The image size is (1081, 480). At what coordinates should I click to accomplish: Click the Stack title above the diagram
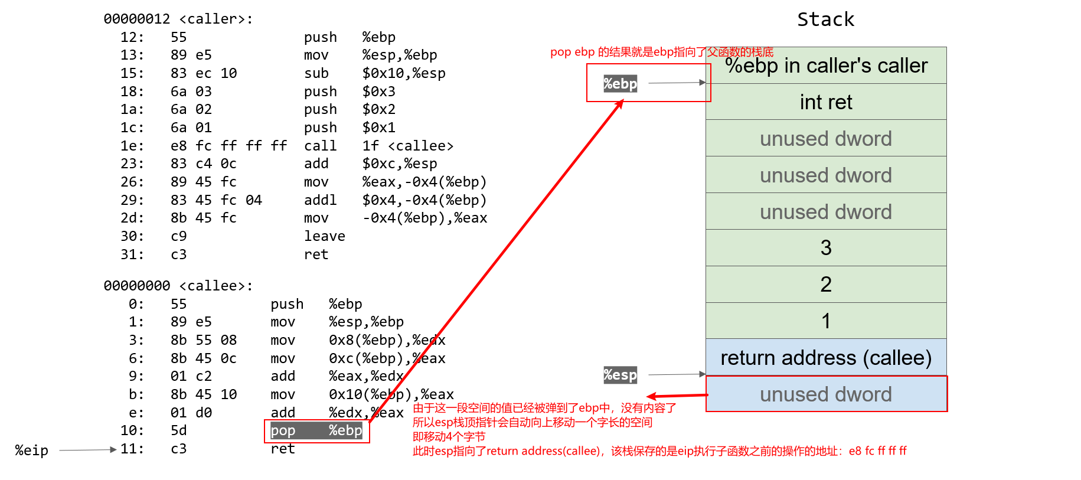(x=825, y=19)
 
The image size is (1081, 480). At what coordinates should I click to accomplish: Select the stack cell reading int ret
(x=826, y=102)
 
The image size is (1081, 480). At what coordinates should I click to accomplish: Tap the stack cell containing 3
(x=826, y=248)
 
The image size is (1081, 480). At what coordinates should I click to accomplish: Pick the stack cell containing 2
(x=826, y=285)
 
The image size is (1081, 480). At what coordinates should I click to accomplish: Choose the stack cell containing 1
(x=826, y=321)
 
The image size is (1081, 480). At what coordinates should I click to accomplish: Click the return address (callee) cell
(x=826, y=358)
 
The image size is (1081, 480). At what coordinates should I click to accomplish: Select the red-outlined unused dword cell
(x=826, y=394)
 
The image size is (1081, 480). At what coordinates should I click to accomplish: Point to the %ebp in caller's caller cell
(x=826, y=66)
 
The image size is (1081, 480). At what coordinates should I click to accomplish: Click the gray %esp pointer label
(x=620, y=375)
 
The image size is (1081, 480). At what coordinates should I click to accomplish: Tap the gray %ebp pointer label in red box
(x=620, y=84)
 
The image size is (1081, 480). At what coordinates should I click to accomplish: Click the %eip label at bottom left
(x=32, y=450)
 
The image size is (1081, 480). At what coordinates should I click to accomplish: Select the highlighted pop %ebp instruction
(x=316, y=430)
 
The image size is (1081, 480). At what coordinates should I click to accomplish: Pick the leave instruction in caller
(x=324, y=236)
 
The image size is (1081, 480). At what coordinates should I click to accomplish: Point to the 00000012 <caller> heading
(x=178, y=19)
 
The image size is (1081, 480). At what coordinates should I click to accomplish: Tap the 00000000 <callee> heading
(x=178, y=286)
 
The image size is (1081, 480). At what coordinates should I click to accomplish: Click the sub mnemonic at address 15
(x=316, y=73)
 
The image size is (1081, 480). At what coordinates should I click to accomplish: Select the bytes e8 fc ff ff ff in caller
(x=228, y=146)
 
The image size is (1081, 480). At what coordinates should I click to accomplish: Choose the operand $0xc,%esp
(x=400, y=164)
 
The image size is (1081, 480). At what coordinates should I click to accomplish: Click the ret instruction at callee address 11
(x=282, y=449)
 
